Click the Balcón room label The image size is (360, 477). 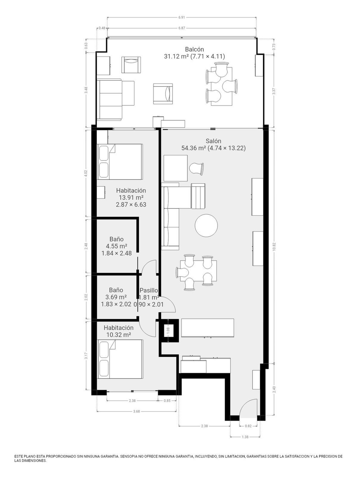194,49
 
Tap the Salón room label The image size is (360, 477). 213,141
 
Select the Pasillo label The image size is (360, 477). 148,290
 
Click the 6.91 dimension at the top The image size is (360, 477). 181,18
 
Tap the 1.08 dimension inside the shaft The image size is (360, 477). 168,331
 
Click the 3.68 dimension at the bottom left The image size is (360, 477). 136,411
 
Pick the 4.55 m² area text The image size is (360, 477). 116,246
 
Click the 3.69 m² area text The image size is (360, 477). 116,297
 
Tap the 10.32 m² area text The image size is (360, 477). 118,335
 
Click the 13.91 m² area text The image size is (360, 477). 131,198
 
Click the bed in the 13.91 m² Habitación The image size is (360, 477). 120,162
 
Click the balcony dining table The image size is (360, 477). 221,86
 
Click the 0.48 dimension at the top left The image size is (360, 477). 102,28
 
